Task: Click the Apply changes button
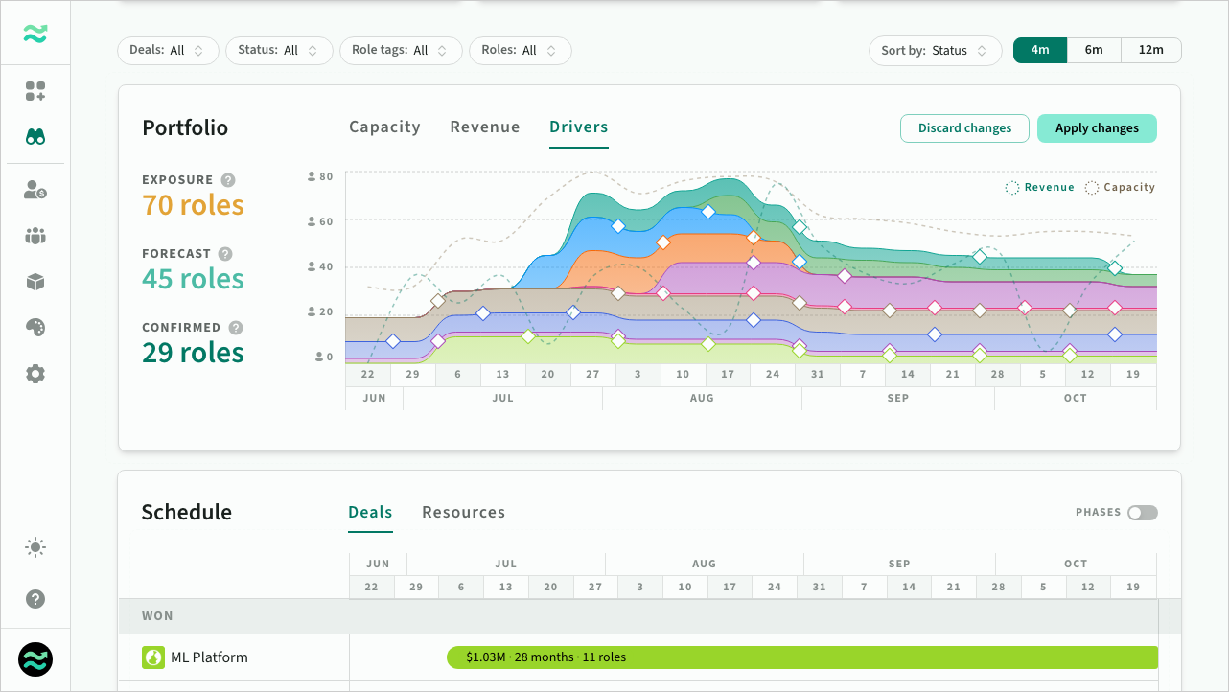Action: [1097, 128]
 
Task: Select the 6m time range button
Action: [1094, 50]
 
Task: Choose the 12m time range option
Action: [1150, 50]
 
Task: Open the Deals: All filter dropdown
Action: [168, 51]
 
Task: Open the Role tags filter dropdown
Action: [401, 51]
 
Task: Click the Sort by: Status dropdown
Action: [935, 51]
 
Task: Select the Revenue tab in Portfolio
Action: [484, 127]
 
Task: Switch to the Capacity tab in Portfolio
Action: [384, 127]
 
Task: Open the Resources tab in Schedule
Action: [463, 512]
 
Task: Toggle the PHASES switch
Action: [1143, 513]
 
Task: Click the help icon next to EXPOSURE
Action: [228, 180]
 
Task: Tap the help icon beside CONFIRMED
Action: [236, 328]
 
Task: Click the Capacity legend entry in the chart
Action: [1120, 188]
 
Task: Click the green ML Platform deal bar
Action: [802, 657]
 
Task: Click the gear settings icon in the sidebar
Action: [35, 374]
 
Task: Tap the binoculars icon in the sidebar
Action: [35, 136]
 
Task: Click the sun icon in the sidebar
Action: [35, 547]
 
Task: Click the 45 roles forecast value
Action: [193, 279]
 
